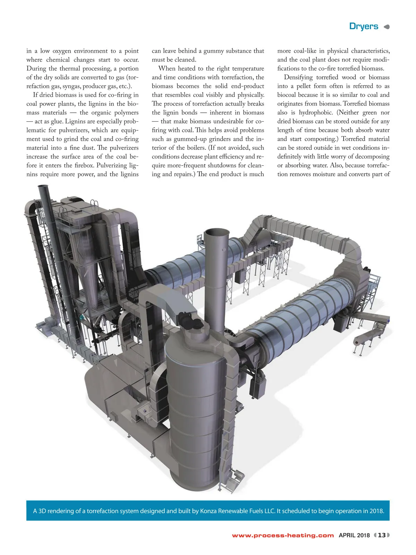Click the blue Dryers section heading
(363, 26)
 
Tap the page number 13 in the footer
(382, 535)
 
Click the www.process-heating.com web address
(283, 535)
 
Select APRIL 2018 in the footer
(354, 535)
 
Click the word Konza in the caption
(208, 511)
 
